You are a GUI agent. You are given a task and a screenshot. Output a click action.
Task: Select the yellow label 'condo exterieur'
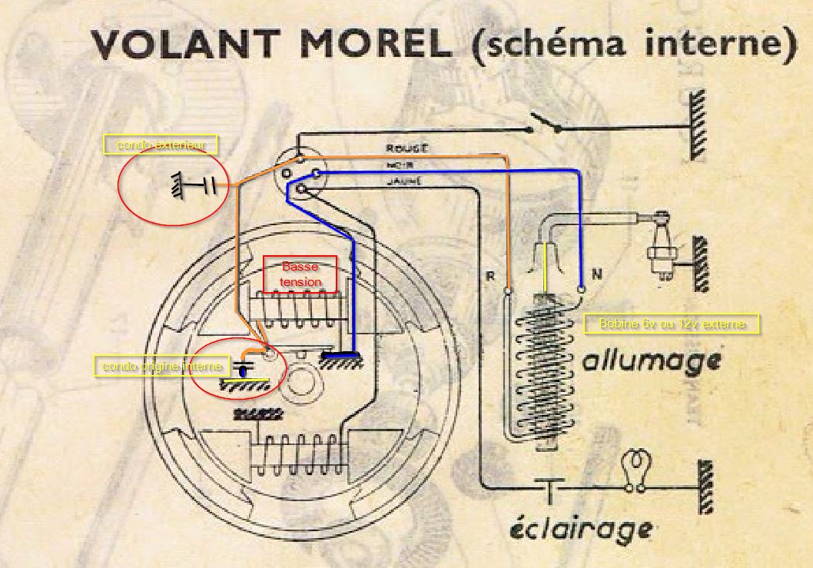[x=161, y=144]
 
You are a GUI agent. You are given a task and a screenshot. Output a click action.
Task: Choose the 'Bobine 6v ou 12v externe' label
[x=672, y=324]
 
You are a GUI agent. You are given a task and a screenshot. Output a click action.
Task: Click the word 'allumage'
[x=652, y=360]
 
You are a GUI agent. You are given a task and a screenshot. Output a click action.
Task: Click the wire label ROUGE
[x=406, y=148]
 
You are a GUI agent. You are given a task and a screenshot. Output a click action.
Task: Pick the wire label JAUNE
[x=403, y=181]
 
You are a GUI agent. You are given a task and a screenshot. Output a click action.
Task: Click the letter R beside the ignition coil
[x=489, y=276]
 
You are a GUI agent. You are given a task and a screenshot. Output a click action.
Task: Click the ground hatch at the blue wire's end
[x=343, y=359]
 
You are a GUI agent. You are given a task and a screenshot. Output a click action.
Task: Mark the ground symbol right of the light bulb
[x=704, y=487]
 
